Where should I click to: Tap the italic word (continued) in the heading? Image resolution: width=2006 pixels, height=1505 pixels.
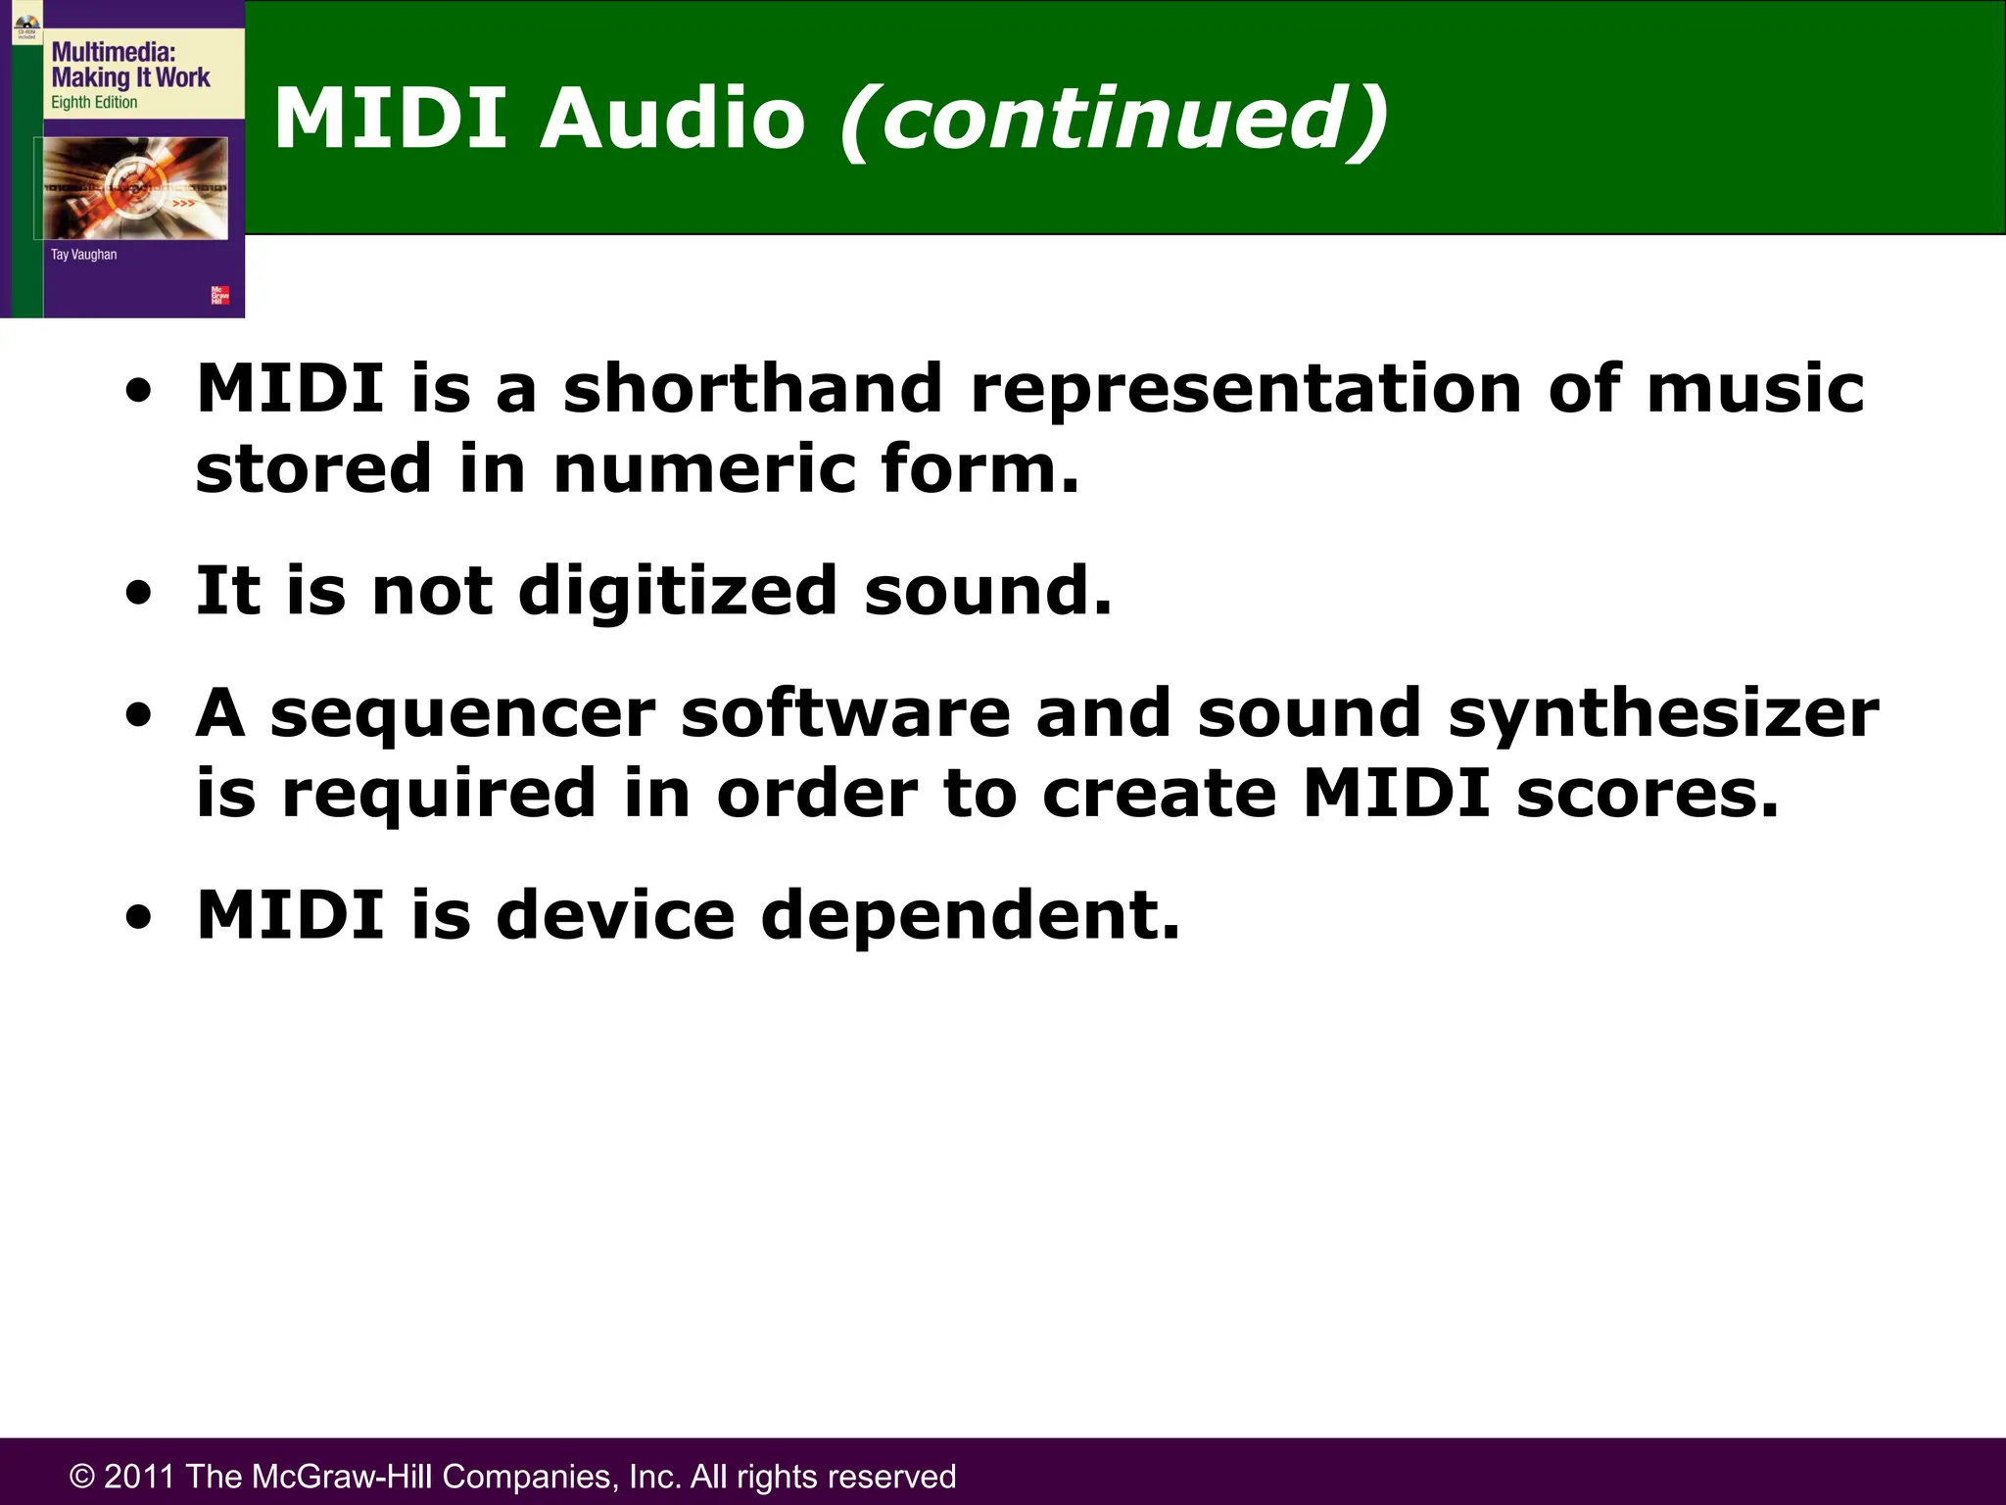click(1114, 121)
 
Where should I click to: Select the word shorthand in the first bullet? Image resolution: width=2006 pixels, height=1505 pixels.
click(752, 388)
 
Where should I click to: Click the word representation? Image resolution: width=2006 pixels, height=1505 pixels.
click(1245, 390)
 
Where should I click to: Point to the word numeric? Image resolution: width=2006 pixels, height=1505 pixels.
click(703, 468)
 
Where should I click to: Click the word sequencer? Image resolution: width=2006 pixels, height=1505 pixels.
click(462, 715)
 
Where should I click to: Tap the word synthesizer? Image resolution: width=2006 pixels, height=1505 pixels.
click(1663, 715)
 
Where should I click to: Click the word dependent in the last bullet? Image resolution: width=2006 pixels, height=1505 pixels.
click(970, 915)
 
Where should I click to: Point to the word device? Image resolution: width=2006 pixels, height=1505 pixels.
click(615, 915)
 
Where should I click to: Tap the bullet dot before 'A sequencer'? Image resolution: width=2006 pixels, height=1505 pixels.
click(139, 716)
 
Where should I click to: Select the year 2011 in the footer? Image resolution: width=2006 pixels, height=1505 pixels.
click(139, 1477)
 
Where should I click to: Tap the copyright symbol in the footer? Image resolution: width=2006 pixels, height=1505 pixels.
click(82, 1477)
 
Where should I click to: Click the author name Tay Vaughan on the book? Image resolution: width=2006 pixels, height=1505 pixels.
click(83, 255)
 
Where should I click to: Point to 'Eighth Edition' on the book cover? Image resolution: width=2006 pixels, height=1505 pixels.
click(94, 103)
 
